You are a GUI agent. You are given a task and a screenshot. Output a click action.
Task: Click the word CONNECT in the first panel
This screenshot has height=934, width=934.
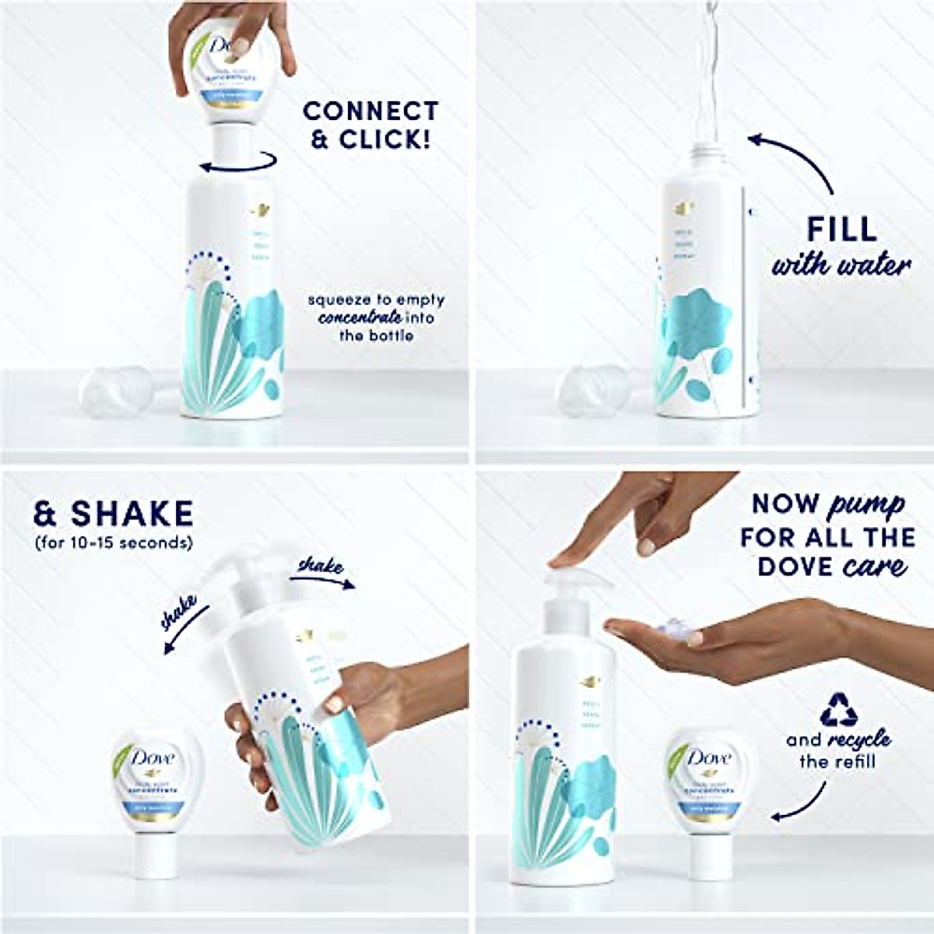click(371, 111)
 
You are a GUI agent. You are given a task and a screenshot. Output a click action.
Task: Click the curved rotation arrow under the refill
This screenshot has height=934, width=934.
click(237, 162)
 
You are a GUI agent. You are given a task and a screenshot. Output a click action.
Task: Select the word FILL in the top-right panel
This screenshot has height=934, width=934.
click(841, 229)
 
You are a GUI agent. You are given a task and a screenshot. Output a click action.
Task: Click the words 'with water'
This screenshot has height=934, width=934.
click(841, 265)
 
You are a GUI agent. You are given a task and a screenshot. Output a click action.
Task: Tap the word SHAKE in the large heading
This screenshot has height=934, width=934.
click(132, 514)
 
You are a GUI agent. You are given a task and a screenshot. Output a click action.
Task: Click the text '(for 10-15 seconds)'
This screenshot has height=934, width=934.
click(113, 542)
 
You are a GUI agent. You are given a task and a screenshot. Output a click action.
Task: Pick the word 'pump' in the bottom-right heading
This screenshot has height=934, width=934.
click(866, 504)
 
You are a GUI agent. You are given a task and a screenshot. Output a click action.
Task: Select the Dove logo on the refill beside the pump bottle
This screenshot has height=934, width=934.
click(707, 759)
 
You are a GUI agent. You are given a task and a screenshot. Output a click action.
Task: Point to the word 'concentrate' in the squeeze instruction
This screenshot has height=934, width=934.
click(360, 318)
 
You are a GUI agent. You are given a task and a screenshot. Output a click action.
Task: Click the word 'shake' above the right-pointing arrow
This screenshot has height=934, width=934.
click(321, 566)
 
